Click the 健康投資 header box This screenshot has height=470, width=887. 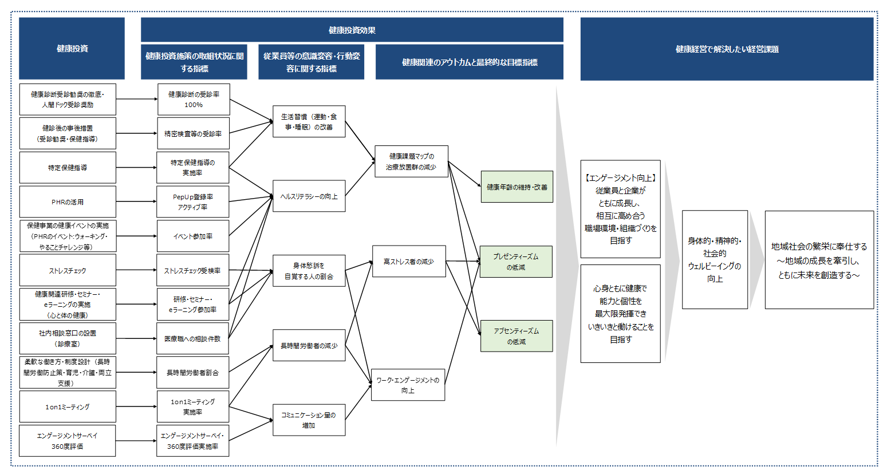click(x=72, y=49)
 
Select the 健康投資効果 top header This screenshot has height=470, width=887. click(x=352, y=30)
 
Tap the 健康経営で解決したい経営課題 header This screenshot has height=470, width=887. click(x=727, y=49)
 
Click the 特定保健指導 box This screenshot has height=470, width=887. click(x=68, y=168)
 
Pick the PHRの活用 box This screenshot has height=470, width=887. click(x=68, y=202)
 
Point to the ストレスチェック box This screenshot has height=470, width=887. click(x=68, y=270)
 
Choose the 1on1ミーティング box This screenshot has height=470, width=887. click(x=68, y=407)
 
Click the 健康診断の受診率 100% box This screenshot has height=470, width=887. click(x=194, y=100)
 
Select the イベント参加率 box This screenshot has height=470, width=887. click(x=193, y=236)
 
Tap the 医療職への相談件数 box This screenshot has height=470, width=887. click(x=192, y=339)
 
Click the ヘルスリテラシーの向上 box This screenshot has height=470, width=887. click(x=309, y=196)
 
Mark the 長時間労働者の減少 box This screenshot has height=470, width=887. click(x=309, y=346)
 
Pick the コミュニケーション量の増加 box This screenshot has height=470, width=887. click(x=309, y=420)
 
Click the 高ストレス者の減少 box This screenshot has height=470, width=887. click(x=409, y=262)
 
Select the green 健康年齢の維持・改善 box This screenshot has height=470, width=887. click(x=517, y=187)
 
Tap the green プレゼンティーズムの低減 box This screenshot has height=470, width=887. click(x=516, y=262)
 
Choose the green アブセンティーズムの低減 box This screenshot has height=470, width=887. click(x=516, y=336)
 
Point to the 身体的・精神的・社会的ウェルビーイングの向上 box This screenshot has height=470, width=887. click(x=715, y=260)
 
